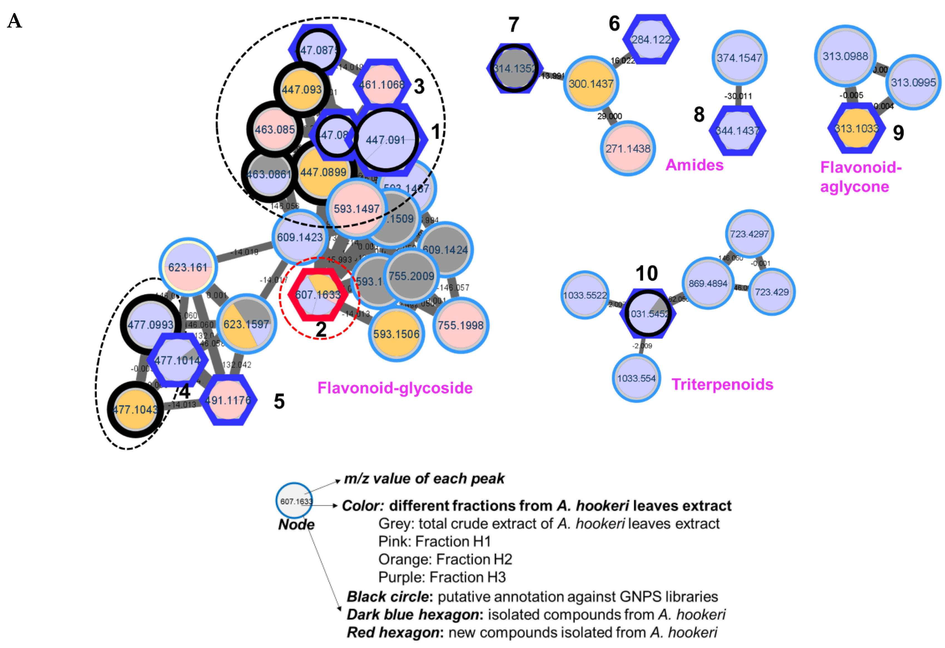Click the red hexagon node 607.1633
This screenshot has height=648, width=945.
tap(318, 294)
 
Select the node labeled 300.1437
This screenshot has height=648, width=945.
tap(591, 84)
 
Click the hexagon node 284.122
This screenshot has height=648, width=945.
tap(651, 39)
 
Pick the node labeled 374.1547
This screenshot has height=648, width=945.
tap(739, 58)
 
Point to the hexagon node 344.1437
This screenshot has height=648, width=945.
tap(738, 131)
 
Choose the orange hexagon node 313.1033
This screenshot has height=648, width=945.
tap(856, 128)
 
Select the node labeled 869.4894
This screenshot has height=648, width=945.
tap(708, 283)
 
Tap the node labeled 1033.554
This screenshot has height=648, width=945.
tap(636, 378)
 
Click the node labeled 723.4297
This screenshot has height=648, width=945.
tap(749, 234)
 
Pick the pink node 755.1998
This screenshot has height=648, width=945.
tap(461, 325)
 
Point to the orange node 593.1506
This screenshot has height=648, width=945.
tap(396, 334)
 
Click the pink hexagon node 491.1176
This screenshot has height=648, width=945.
tap(228, 400)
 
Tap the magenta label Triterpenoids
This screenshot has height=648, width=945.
tap(722, 384)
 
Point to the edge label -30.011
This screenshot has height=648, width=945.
tap(738, 96)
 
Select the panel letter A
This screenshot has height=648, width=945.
tap(15, 21)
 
